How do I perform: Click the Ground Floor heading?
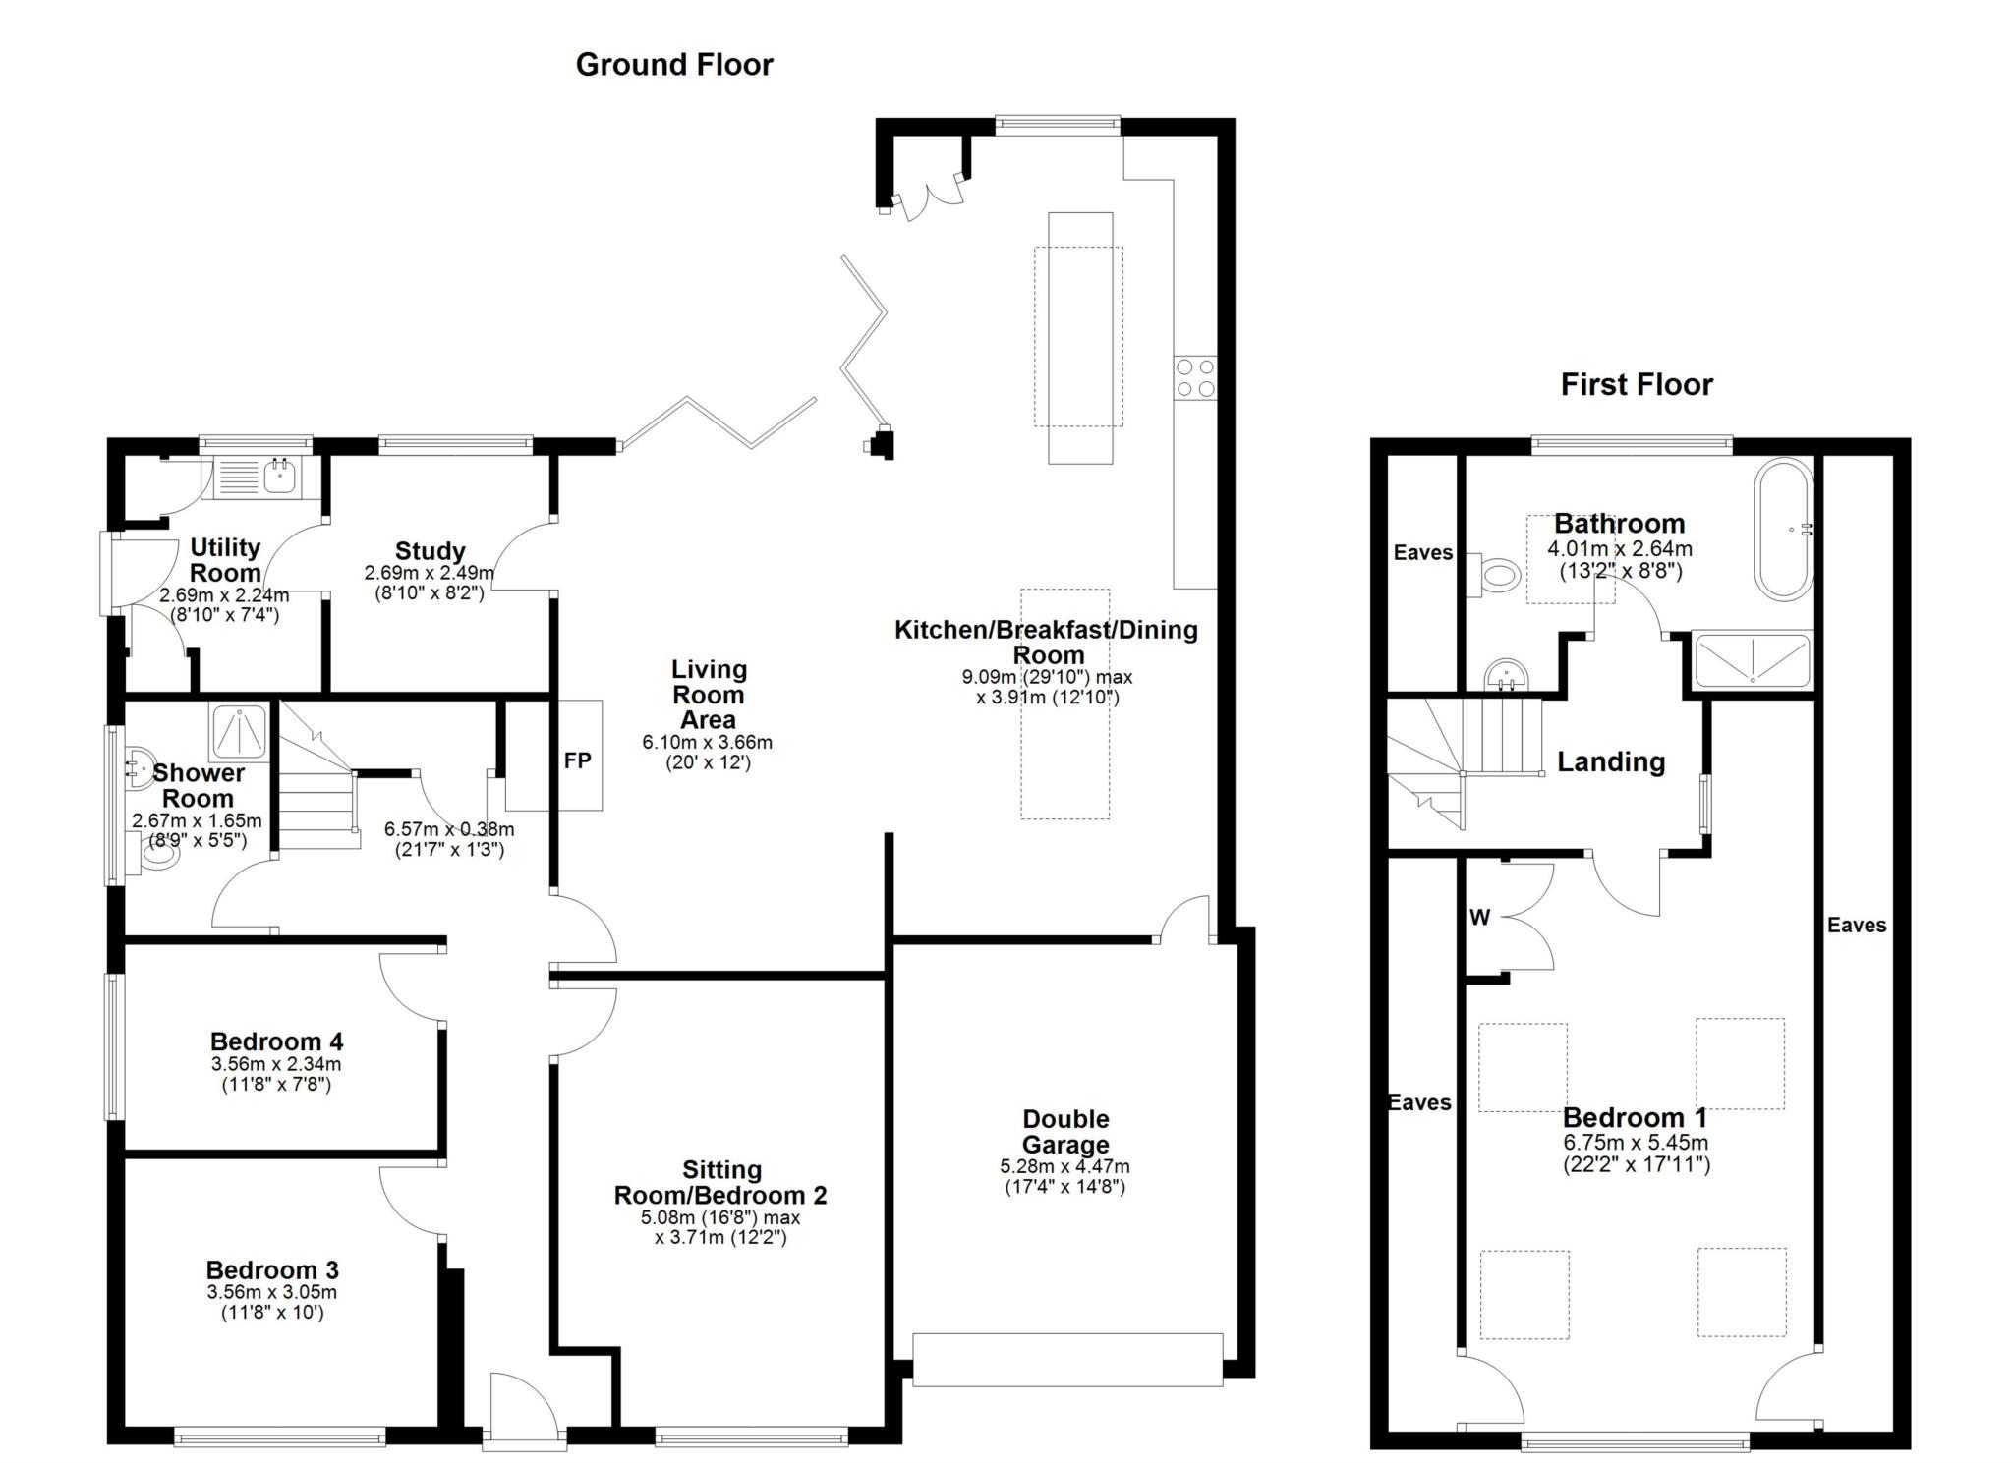(674, 65)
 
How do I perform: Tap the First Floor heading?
(1637, 384)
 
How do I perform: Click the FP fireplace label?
(578, 760)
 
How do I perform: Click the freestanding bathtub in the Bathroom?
(1784, 530)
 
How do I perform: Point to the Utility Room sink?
(280, 478)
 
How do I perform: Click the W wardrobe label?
(1480, 918)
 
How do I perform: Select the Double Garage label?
(1065, 1132)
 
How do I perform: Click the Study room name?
(430, 551)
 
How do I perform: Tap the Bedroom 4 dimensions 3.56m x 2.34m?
(276, 1064)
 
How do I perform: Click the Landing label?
(1611, 762)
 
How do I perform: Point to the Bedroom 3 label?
(272, 1270)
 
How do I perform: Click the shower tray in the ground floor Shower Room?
(239, 732)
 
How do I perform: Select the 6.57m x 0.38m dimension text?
(449, 830)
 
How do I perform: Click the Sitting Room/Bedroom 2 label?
(720, 1183)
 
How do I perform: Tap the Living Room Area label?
(709, 695)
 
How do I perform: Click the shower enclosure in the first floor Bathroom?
(1752, 659)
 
